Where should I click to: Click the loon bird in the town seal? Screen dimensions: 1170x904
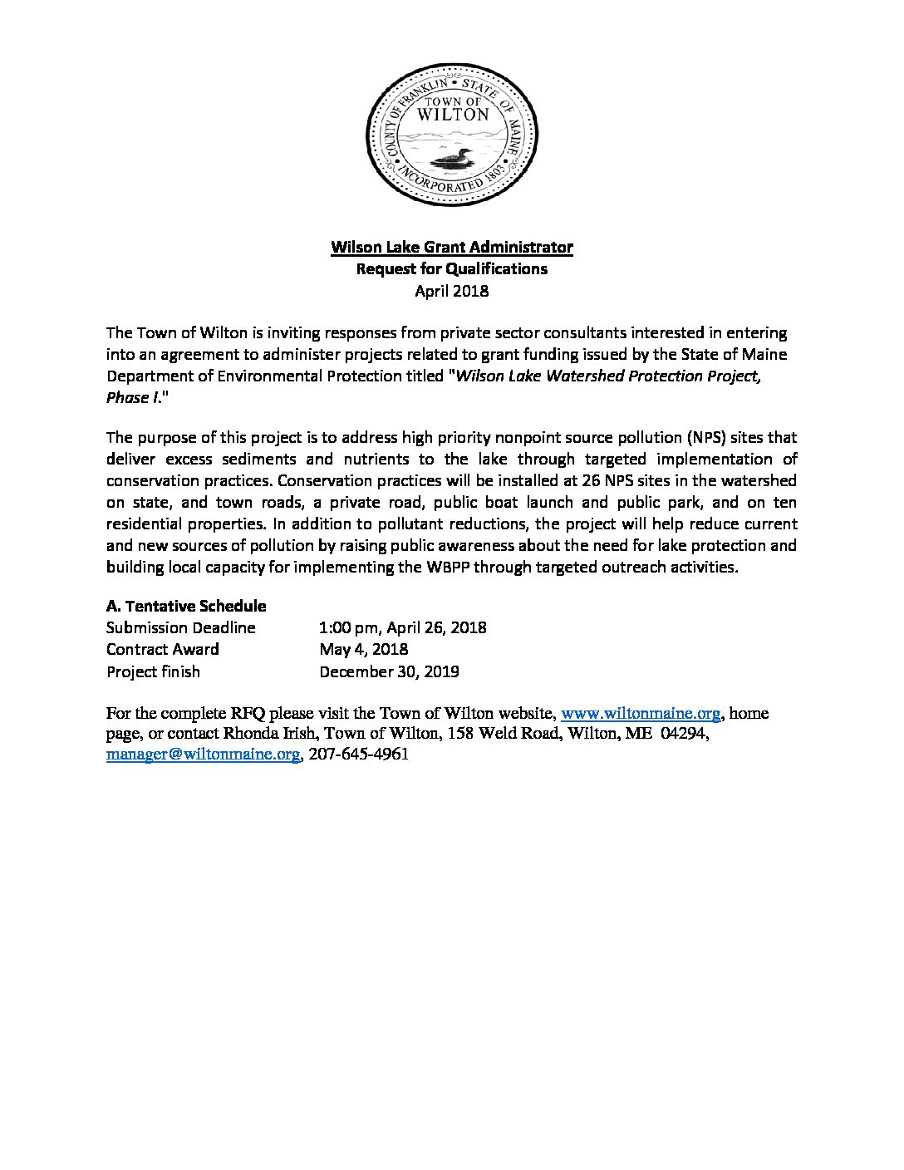click(452, 156)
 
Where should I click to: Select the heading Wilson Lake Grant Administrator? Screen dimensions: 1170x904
click(452, 247)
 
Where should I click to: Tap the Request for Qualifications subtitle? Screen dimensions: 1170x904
click(452, 268)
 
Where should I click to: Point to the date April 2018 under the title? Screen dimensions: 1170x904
click(452, 291)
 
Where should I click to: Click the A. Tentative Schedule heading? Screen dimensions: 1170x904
click(186, 606)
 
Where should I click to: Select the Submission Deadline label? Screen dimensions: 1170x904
click(181, 627)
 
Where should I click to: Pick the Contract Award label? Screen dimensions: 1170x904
click(163, 649)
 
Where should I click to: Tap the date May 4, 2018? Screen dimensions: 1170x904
click(364, 649)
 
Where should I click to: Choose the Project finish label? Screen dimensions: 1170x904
click(154, 671)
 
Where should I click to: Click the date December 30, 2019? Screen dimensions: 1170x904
click(390, 671)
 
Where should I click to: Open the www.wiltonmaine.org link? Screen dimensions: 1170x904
click(641, 713)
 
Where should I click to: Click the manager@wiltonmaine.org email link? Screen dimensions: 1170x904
click(203, 755)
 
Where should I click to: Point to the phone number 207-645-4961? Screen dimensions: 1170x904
click(358, 755)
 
